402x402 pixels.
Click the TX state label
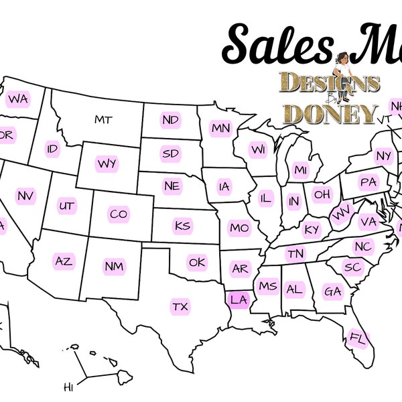(180, 307)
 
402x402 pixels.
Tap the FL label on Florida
(357, 339)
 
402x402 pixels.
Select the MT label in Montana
(103, 120)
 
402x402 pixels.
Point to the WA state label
(18, 99)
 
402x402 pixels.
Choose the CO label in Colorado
(118, 214)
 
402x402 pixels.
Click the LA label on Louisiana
(239, 299)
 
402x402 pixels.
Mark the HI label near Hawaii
(68, 387)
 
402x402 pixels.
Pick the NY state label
(383, 156)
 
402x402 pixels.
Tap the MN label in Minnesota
(220, 128)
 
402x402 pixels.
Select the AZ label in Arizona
(64, 261)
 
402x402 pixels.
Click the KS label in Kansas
(182, 225)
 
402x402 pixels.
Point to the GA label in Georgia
(332, 291)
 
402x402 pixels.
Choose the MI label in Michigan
(300, 169)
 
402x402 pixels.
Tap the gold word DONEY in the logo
(330, 113)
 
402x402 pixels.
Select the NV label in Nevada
(25, 196)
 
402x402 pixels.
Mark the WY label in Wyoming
(106, 163)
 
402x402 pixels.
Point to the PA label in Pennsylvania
(368, 182)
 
